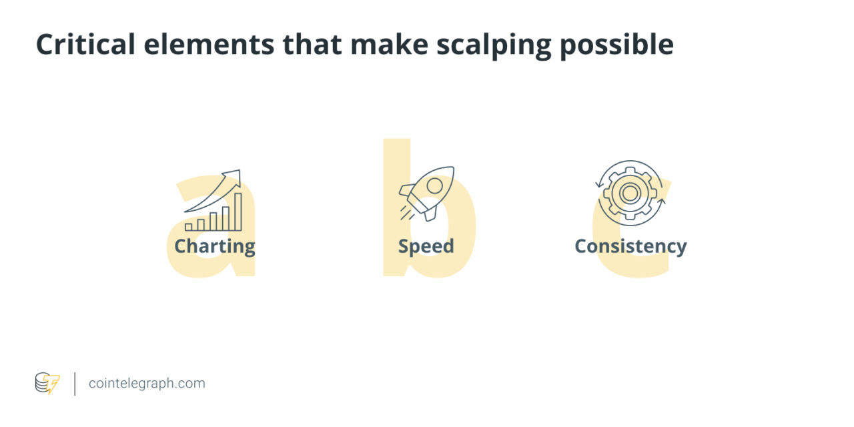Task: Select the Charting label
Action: tap(214, 247)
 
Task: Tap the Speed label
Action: tap(426, 246)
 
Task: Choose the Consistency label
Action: tap(630, 246)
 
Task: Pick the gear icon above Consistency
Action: tap(629, 193)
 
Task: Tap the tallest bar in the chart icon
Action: tap(238, 211)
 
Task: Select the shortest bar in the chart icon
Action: tap(189, 227)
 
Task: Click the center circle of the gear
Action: tap(629, 193)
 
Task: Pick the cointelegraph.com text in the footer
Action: tap(147, 384)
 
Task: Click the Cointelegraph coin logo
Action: tap(47, 383)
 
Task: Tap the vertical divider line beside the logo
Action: tap(74, 384)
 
